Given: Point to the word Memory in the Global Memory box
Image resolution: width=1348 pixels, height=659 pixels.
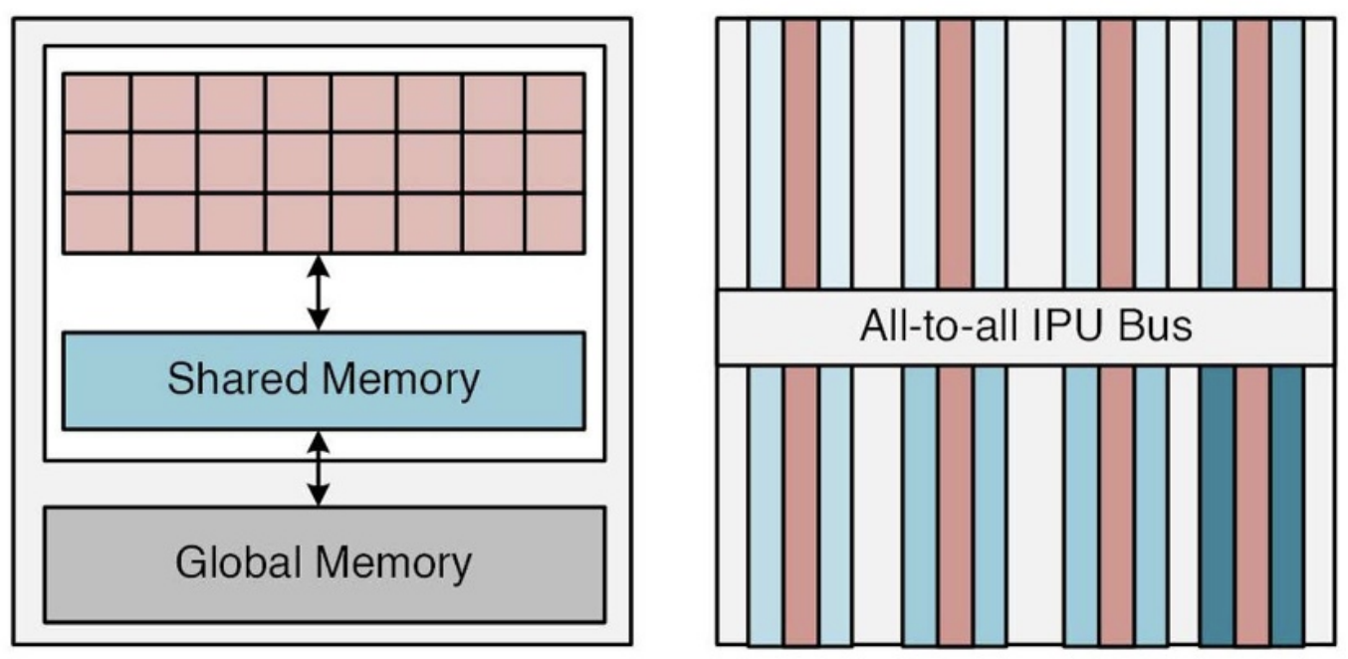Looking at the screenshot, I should pyautogui.click(x=396, y=562).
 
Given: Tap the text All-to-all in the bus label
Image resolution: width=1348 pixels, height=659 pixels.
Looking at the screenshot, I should pyautogui.click(x=939, y=327).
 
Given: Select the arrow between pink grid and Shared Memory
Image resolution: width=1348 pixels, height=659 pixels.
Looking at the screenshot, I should pyautogui.click(x=318, y=293).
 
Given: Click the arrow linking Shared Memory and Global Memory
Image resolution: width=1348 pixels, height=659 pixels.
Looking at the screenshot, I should pyautogui.click(x=318, y=467).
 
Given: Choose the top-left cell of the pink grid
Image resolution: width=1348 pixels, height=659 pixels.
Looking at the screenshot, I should pyautogui.click(x=97, y=103).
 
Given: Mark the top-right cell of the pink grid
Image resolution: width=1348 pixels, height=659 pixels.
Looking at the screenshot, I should pyautogui.click(x=554, y=103).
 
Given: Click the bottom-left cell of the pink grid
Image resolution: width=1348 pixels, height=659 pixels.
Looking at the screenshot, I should pyautogui.click(x=97, y=223).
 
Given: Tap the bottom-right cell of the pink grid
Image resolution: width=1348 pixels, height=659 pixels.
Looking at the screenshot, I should pyautogui.click(x=554, y=223).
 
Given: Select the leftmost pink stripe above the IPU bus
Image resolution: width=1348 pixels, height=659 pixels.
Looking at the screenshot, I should pyautogui.click(x=800, y=154).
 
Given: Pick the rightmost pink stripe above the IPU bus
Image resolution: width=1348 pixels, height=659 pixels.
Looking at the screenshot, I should pyautogui.click(x=1252, y=154).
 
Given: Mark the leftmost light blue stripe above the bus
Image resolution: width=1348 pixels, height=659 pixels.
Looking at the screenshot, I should pyautogui.click(x=766, y=154).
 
